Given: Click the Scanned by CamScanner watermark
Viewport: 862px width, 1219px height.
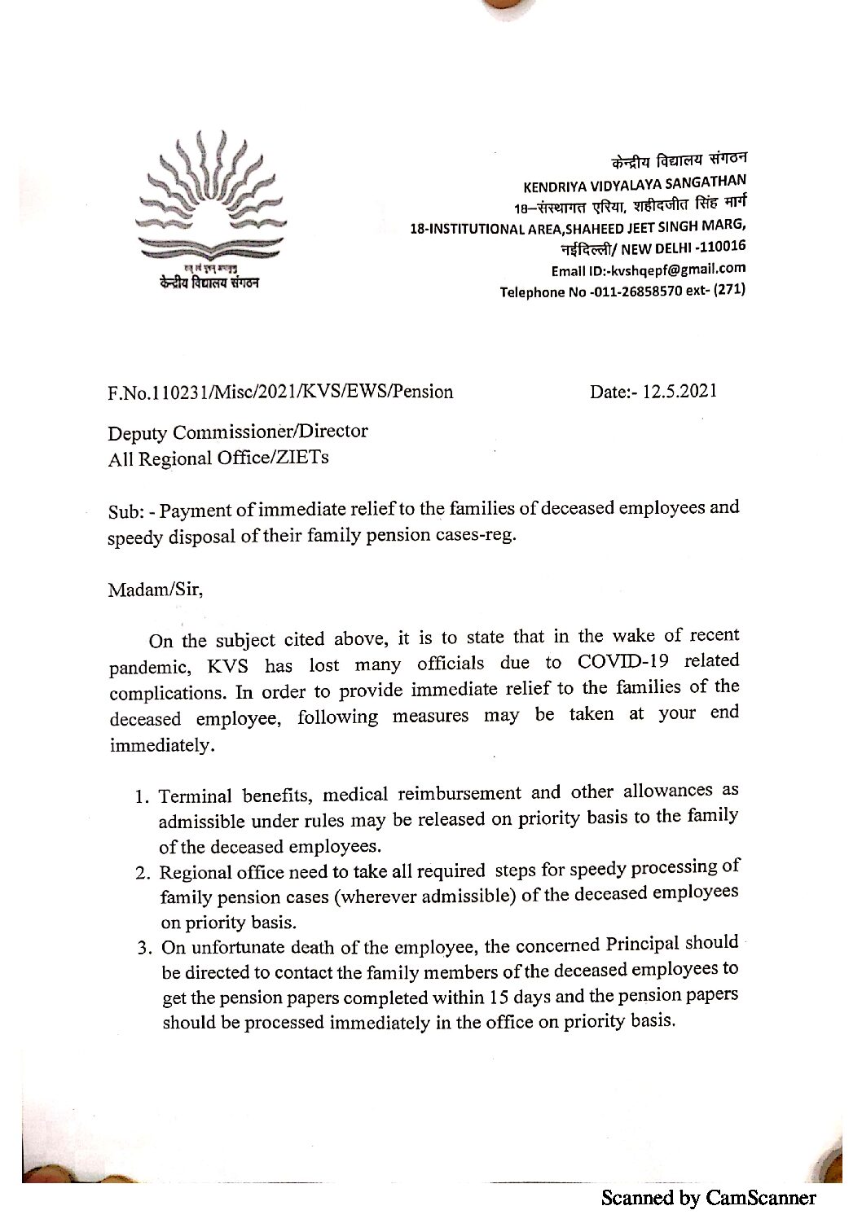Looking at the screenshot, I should point(708,1197).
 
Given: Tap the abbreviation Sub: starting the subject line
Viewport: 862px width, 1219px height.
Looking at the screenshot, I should point(128,512).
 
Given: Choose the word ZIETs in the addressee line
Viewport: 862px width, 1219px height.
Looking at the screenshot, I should point(306,458).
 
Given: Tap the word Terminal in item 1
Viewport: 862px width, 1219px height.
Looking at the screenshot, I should point(196,796).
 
